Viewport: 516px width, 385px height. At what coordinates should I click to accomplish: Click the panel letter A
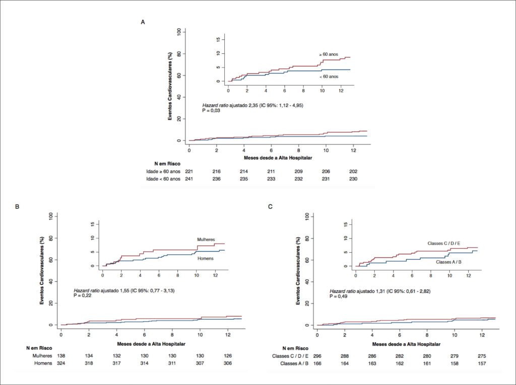click(143, 22)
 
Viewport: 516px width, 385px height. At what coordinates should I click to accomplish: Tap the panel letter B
click(17, 206)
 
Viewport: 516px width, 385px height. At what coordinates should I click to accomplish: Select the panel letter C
click(271, 206)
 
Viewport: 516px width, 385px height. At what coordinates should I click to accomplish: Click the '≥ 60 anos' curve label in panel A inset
click(329, 54)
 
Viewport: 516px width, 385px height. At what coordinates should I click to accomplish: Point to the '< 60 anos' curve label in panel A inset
click(329, 76)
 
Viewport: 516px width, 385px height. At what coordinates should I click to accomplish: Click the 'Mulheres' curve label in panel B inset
click(206, 240)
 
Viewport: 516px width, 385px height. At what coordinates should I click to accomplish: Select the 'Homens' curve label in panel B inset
click(206, 258)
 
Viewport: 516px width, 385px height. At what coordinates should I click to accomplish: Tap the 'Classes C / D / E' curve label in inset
click(444, 243)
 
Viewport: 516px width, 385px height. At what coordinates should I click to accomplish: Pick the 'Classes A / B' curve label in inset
click(448, 262)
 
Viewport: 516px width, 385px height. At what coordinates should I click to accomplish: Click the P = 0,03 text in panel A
click(211, 111)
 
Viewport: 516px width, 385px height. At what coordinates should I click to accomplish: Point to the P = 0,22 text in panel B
click(83, 295)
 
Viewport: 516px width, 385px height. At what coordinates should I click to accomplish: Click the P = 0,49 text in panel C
click(339, 296)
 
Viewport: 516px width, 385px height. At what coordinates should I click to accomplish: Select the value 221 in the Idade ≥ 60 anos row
click(189, 171)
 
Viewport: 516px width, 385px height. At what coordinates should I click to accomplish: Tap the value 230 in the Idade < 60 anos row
click(353, 179)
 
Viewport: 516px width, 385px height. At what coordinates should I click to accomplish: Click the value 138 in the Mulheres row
click(61, 356)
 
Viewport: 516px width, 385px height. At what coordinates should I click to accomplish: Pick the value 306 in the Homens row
click(228, 363)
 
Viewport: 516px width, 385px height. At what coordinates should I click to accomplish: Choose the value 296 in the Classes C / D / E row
click(317, 356)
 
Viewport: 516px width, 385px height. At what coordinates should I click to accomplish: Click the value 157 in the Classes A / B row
click(482, 364)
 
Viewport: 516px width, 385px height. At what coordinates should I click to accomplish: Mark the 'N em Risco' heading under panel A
click(167, 164)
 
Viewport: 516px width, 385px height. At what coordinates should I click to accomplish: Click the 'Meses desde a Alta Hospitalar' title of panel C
click(406, 344)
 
